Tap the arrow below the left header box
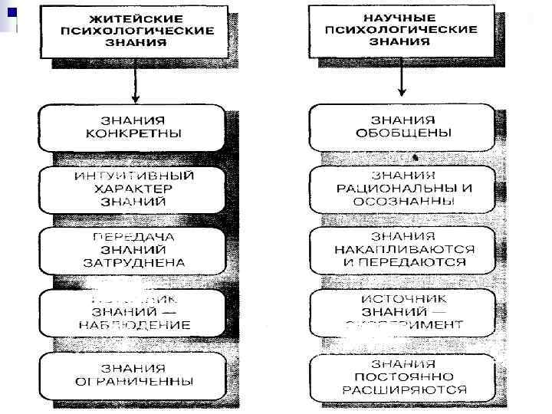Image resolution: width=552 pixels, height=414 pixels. pyautogui.click(x=135, y=83)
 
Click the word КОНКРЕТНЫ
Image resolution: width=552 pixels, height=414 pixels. pyautogui.click(x=135, y=134)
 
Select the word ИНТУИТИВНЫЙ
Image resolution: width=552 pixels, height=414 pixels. pyautogui.click(x=135, y=176)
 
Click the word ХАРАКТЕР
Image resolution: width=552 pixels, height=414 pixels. pyautogui.click(x=135, y=189)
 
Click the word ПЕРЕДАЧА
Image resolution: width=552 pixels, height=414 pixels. pyautogui.click(x=135, y=236)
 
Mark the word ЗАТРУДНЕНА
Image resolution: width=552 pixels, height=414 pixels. pyautogui.click(x=135, y=261)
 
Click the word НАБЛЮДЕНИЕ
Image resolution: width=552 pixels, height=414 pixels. pyautogui.click(x=135, y=324)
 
